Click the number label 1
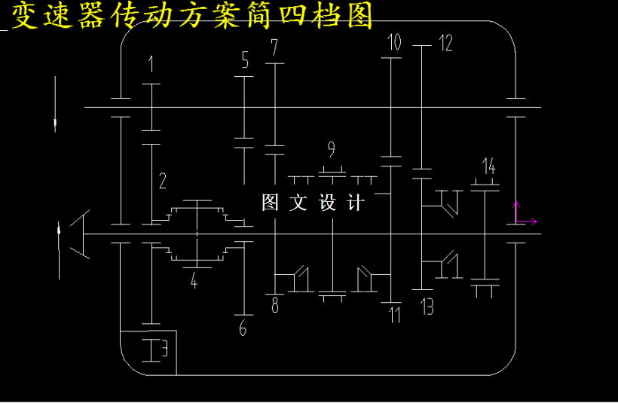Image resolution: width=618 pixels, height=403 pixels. [x=151, y=64]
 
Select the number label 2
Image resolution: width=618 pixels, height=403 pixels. [x=162, y=181]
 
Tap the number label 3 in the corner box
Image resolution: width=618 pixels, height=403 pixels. [x=164, y=349]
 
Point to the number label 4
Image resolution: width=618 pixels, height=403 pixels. [x=194, y=280]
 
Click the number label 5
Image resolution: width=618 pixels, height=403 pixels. [x=245, y=60]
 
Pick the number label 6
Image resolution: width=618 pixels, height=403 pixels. [x=243, y=328]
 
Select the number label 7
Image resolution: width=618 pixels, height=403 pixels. [x=274, y=47]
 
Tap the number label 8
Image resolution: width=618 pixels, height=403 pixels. [x=275, y=305]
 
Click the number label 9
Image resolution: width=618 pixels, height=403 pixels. [x=331, y=149]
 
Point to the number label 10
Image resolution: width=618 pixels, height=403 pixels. [x=394, y=42]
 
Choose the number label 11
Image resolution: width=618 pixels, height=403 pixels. [x=394, y=315]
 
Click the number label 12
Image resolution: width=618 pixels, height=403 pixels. [x=445, y=43]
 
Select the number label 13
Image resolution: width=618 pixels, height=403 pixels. [x=427, y=307]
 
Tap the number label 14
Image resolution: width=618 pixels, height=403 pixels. [x=488, y=166]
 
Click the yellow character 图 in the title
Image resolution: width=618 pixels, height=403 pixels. [x=360, y=15]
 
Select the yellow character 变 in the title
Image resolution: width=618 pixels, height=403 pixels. [x=24, y=15]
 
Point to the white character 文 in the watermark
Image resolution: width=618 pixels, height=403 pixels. [x=298, y=203]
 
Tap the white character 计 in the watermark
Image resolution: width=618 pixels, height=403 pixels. [x=356, y=203]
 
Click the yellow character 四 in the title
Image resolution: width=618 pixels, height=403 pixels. [x=293, y=16]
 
